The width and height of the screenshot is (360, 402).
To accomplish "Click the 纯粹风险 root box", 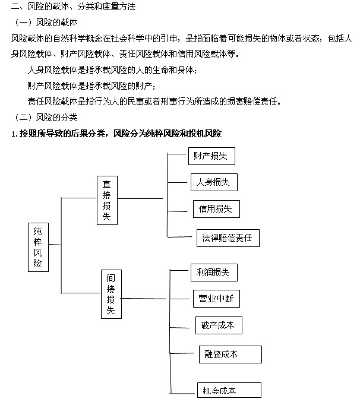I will coord(38,247).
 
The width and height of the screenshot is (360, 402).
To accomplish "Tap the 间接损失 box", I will coord(111,294).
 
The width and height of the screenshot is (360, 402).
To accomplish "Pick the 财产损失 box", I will coord(211,156).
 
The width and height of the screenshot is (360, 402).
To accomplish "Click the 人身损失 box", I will coord(213,182).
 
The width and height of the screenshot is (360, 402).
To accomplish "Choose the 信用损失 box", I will coord(216,208).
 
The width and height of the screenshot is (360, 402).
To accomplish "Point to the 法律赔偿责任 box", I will coord(228,238).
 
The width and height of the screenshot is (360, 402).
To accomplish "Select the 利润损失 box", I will coord(213,273).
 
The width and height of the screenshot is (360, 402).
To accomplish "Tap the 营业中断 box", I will coord(216,299).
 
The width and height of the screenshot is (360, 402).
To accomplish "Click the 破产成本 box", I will coord(218,325).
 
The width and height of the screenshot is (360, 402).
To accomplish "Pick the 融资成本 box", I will coord(230,354).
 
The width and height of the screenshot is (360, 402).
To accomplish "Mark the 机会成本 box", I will coord(229,390).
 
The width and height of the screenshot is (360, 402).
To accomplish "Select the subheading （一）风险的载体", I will coord(48,22).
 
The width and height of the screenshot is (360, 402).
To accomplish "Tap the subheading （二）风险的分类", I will coord(48,117).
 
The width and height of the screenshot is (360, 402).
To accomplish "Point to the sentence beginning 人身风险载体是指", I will coord(111,70).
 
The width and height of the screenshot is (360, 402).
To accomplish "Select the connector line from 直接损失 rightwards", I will coord(140,198).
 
